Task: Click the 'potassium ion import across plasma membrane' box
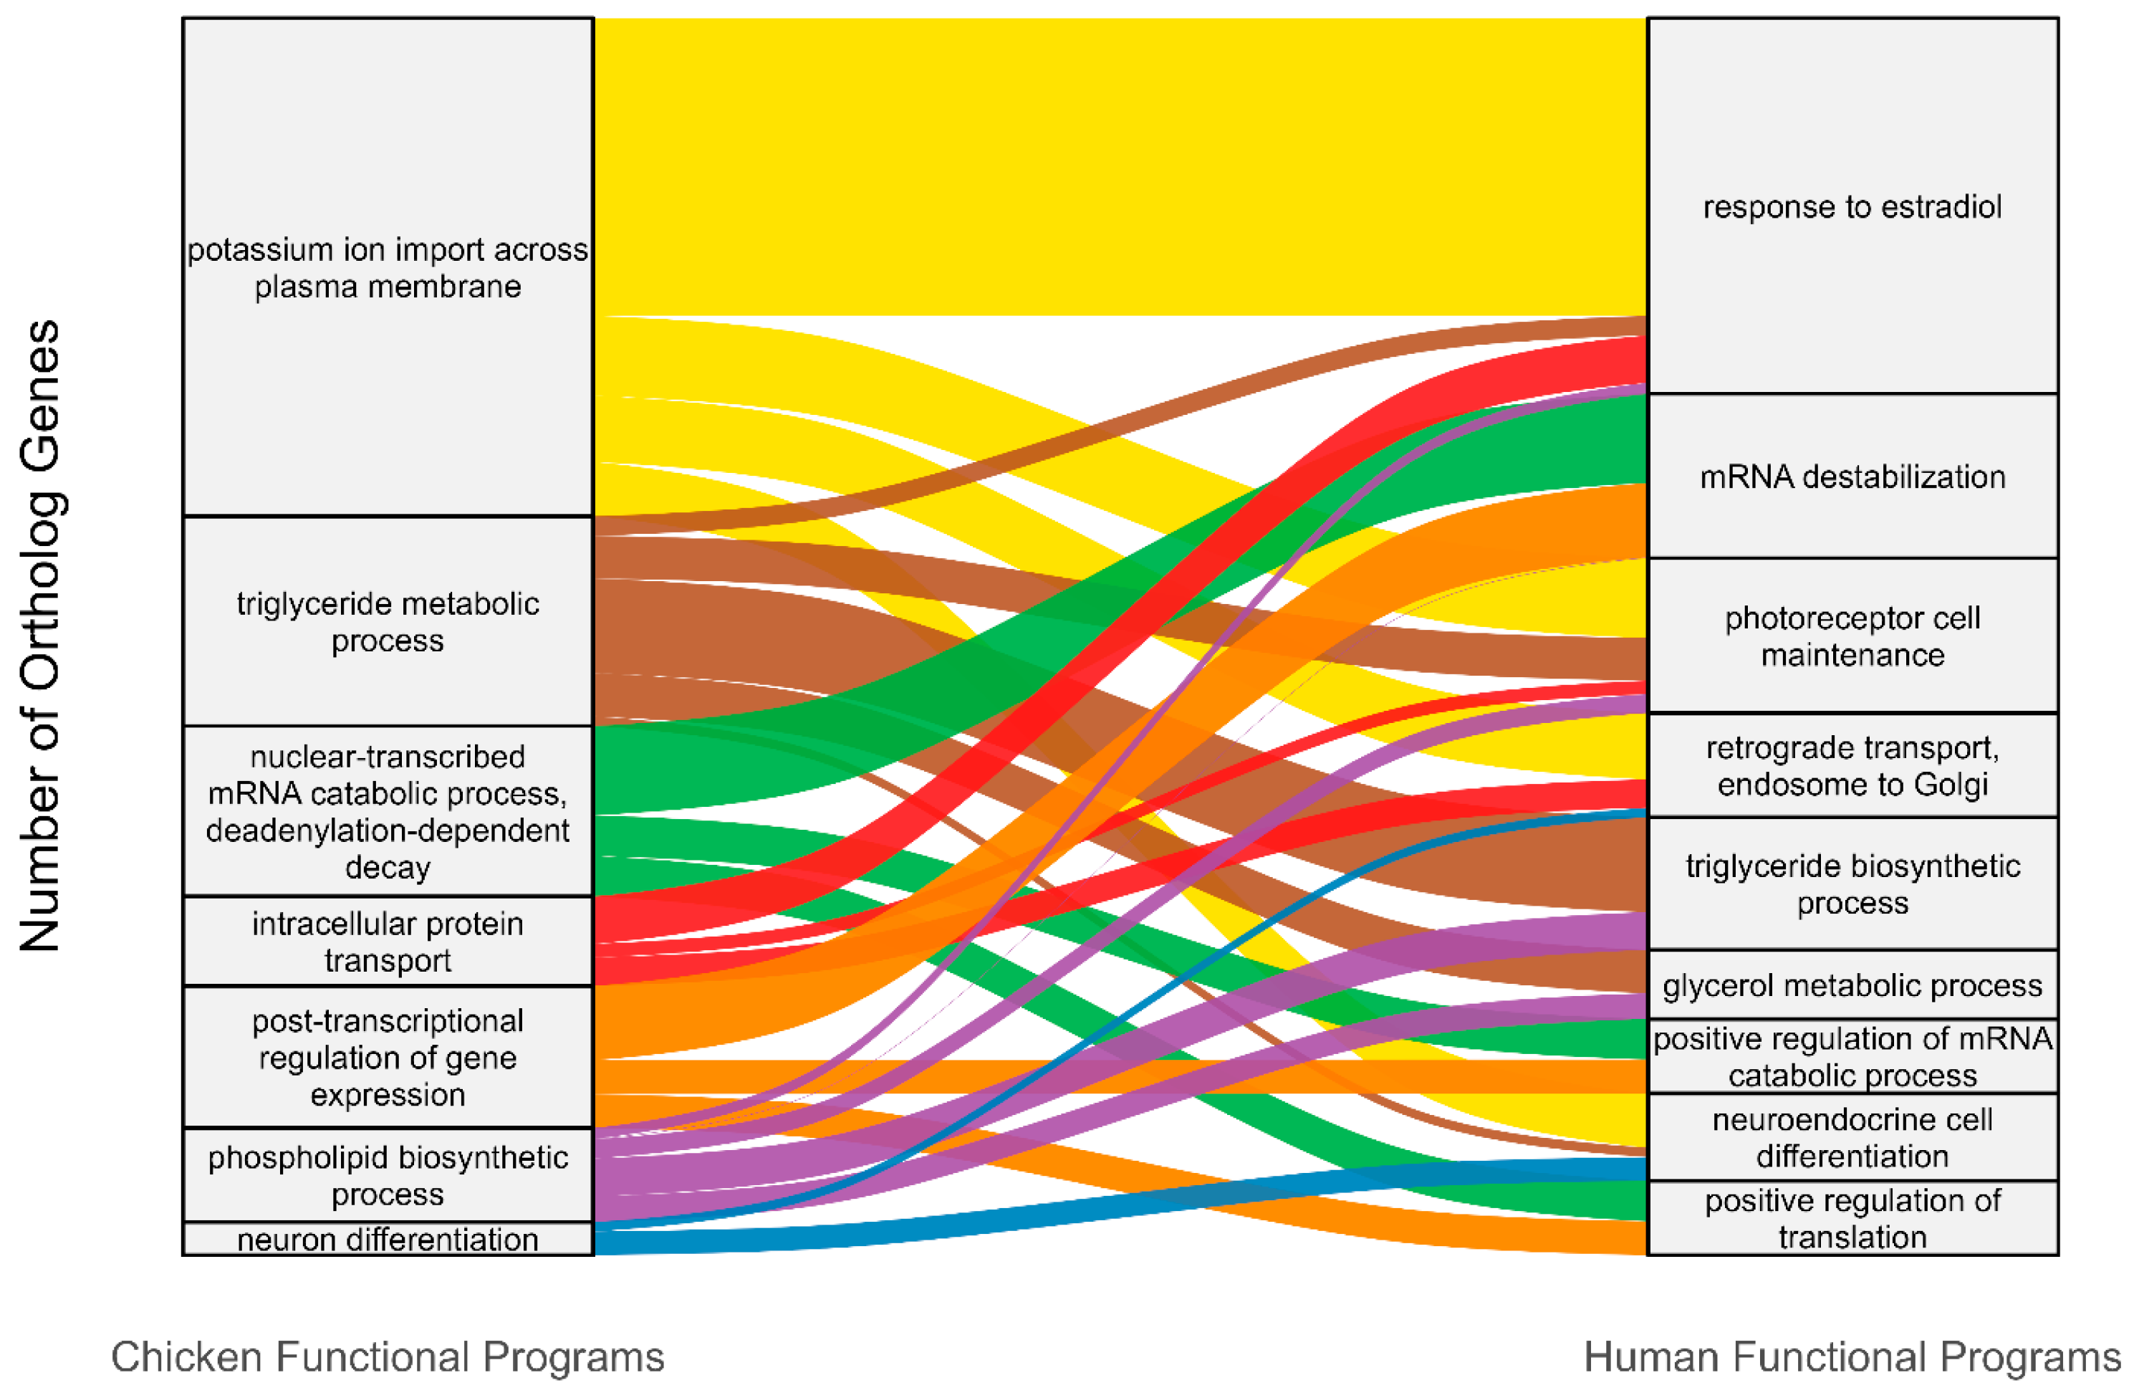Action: [x=388, y=267]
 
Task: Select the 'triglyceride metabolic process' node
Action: [x=388, y=621]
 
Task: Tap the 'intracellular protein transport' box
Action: [x=388, y=941]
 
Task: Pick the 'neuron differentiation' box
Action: [x=388, y=1238]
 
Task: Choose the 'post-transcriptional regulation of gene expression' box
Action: [x=388, y=1057]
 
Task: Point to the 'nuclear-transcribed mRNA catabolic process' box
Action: [x=388, y=810]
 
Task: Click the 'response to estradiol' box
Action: [x=1852, y=206]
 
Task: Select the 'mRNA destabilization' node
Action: [x=1852, y=477]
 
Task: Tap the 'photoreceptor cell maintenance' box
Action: [x=1852, y=636]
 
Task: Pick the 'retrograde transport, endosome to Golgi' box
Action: [x=1852, y=765]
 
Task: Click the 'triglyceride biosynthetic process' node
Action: [x=1852, y=884]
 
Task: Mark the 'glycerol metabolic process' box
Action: [x=1852, y=985]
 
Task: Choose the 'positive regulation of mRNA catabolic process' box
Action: [x=1852, y=1056]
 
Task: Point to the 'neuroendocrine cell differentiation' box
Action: [x=1852, y=1137]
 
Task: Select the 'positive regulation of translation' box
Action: [x=1852, y=1217]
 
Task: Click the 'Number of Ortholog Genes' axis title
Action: [x=40, y=635]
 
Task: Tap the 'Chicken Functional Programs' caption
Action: [x=388, y=1356]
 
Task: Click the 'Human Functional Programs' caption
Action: [x=1852, y=1356]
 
